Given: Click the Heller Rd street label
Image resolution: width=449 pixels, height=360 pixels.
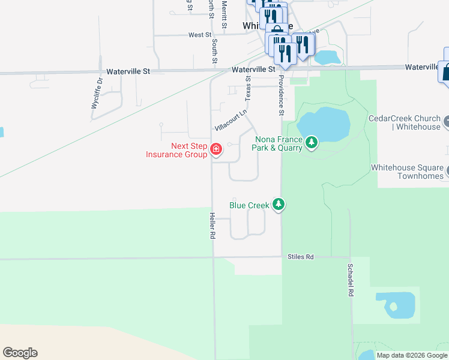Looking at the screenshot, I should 212,226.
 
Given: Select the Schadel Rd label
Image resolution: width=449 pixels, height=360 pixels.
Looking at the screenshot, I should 349,280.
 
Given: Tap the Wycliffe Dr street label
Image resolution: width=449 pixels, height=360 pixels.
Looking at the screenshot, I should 97,94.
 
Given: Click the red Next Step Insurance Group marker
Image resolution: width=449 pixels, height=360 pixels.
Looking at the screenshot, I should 215,148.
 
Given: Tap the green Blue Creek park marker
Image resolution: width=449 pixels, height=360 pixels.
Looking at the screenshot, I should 278,205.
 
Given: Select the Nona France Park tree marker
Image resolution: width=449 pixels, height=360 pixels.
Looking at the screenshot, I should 311,142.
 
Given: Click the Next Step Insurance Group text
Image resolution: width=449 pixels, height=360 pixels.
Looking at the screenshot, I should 176,150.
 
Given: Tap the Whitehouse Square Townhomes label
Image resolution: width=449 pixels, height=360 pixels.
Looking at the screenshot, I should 406,172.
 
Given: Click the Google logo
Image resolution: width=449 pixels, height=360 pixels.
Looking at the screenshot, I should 20,353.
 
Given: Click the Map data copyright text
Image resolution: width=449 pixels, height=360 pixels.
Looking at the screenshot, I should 411,355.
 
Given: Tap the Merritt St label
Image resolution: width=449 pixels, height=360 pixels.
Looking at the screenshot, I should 224,13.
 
